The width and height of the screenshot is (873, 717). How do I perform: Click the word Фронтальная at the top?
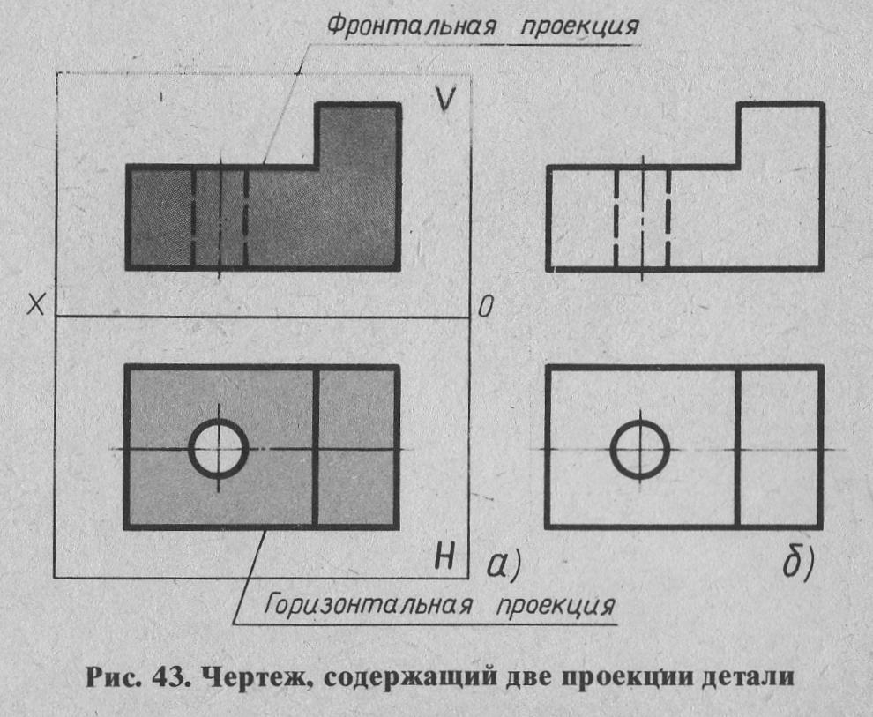410,25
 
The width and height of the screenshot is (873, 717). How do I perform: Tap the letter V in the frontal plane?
445,99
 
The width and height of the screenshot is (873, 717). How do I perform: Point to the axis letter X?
35,305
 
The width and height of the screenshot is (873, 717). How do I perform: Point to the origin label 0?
486,307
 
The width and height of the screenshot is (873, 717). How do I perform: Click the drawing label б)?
798,563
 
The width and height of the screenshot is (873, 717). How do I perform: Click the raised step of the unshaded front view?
780,134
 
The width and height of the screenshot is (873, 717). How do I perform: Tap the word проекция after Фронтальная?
579,26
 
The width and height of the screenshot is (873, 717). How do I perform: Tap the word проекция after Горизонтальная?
556,606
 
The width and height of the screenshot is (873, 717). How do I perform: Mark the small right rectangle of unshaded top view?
780,447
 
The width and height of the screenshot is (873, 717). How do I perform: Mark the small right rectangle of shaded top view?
357,447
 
